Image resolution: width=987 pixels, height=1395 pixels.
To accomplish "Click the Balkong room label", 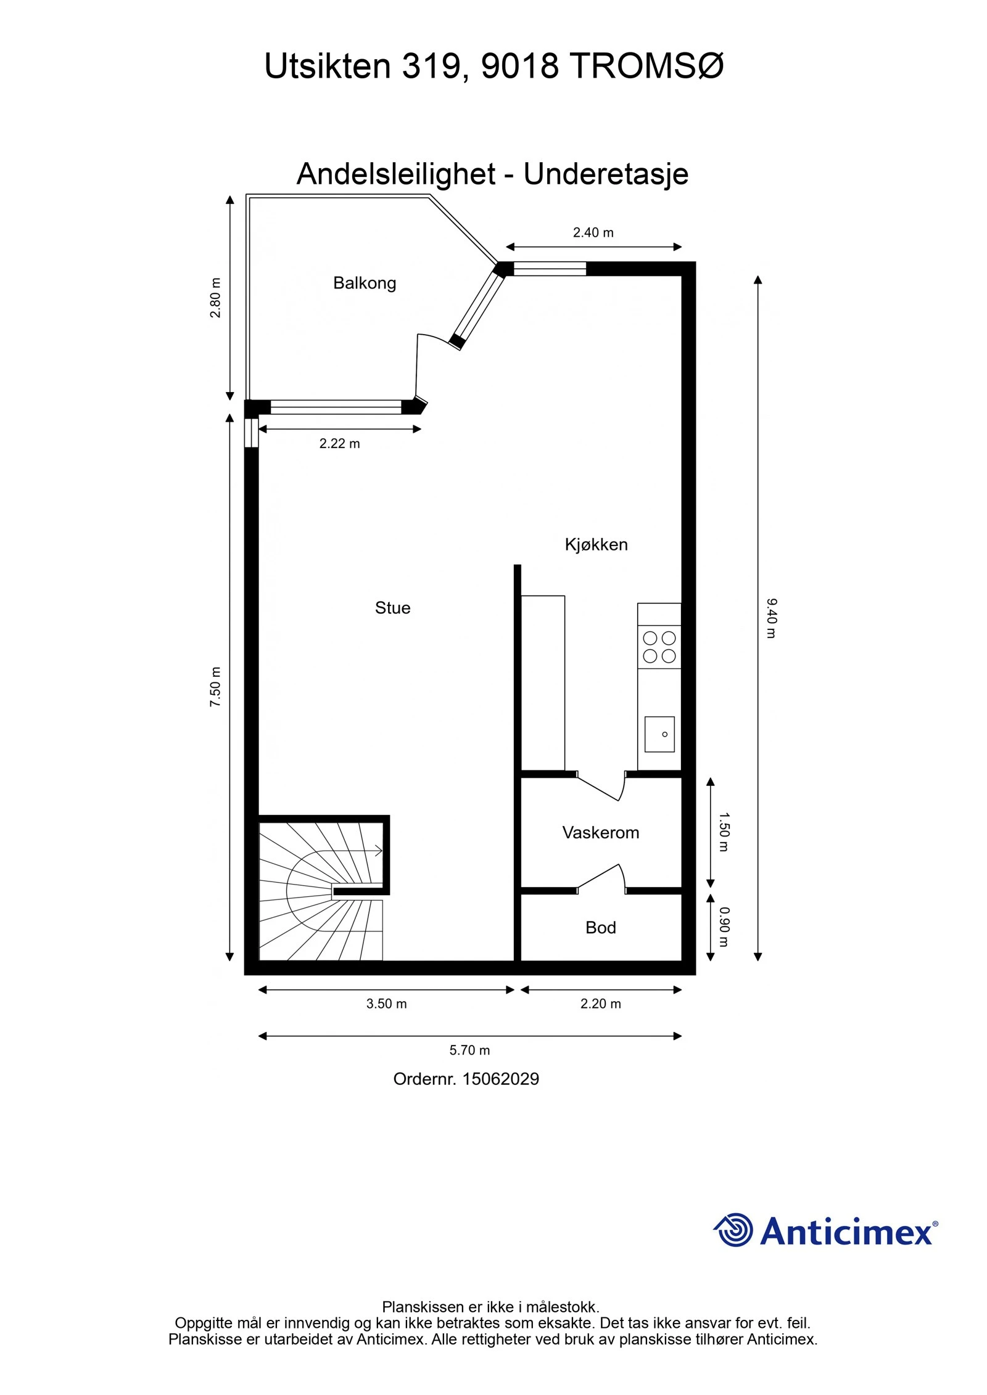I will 364,283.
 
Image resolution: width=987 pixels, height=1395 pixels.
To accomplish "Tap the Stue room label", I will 392,608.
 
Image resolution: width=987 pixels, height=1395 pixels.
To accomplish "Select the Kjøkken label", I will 596,544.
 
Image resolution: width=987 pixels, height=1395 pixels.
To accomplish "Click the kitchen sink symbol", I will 659,734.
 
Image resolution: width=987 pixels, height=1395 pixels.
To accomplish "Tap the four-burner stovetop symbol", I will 659,647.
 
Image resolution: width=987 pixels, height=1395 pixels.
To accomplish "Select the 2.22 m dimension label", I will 339,443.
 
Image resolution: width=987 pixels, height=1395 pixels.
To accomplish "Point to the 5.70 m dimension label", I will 469,1050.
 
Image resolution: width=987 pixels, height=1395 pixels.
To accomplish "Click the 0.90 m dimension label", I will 724,927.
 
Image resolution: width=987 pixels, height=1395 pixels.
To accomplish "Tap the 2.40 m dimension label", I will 593,232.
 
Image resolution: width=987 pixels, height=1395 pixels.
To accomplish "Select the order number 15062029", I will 500,1079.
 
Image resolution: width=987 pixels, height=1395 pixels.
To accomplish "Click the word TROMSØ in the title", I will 646,66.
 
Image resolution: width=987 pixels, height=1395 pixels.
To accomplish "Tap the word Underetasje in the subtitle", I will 606,174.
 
